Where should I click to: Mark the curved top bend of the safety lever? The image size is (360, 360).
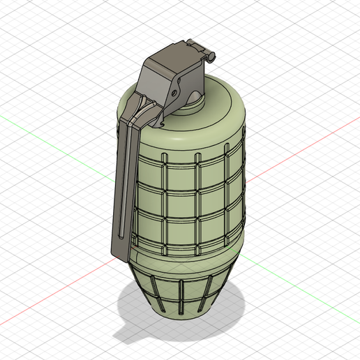click(130, 105)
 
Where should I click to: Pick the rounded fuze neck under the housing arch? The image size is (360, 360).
click(190, 106)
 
